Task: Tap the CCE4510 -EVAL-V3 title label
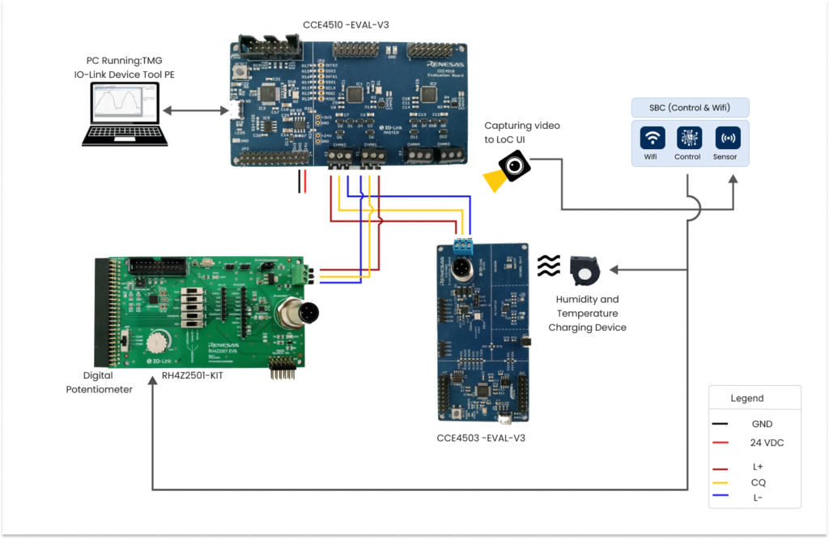(x=346, y=24)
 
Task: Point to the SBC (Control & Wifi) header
(x=689, y=108)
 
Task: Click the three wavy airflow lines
(x=548, y=265)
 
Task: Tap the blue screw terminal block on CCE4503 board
(x=462, y=246)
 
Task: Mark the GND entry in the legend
(x=762, y=424)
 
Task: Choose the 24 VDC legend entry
(x=767, y=443)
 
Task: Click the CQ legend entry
(x=759, y=482)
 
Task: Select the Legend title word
(x=746, y=398)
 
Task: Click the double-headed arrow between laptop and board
(x=195, y=111)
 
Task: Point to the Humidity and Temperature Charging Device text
(x=587, y=314)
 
